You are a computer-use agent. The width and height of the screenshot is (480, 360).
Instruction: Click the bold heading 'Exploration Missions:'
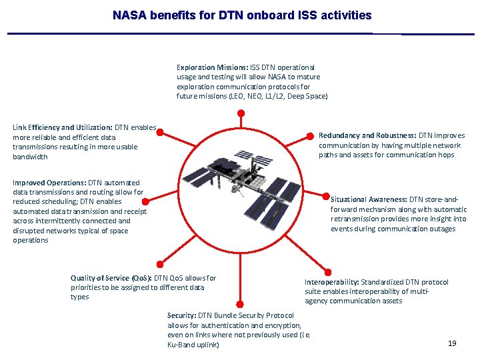pyautogui.click(x=212, y=67)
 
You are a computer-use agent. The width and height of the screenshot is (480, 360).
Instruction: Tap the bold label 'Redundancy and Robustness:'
pyautogui.click(x=367, y=135)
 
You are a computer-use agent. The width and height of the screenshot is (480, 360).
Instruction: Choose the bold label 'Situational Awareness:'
pyautogui.click(x=369, y=199)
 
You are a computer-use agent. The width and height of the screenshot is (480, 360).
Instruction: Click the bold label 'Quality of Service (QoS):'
pyautogui.click(x=111, y=278)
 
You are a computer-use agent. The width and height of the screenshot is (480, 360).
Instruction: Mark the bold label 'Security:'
pyautogui.click(x=181, y=315)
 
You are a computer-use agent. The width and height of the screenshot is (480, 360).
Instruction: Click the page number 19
pyautogui.click(x=452, y=343)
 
